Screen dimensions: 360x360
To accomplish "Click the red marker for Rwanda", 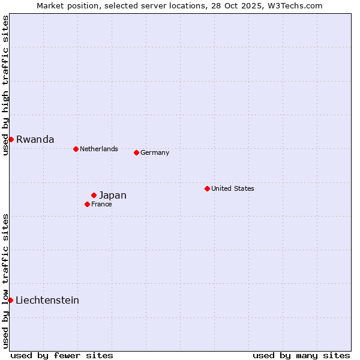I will point(11,139).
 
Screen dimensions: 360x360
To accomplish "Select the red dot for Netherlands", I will point(76,149).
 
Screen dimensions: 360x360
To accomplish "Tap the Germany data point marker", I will point(136,152).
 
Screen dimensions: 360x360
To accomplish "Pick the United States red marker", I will point(207,188).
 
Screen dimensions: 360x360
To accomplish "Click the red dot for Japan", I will point(94,195).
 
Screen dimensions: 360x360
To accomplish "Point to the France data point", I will point(87,204).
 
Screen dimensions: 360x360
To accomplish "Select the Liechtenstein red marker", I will point(10,300).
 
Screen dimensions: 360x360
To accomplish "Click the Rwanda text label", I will point(35,139).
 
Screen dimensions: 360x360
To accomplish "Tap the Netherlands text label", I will point(99,149).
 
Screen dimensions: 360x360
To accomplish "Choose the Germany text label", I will point(155,152).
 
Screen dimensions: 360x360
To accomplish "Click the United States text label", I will point(233,188).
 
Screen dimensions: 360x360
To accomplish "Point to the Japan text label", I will point(113,195).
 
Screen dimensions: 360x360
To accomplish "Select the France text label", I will point(101,204).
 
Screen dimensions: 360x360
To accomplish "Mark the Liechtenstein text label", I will point(47,300).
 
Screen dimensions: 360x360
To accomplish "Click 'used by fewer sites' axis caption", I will point(62,355).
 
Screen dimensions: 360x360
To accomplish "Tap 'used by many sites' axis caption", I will point(301,355).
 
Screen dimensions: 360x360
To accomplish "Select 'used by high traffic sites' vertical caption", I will point(5,85).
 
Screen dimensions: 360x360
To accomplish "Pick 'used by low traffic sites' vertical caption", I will point(5,281).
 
